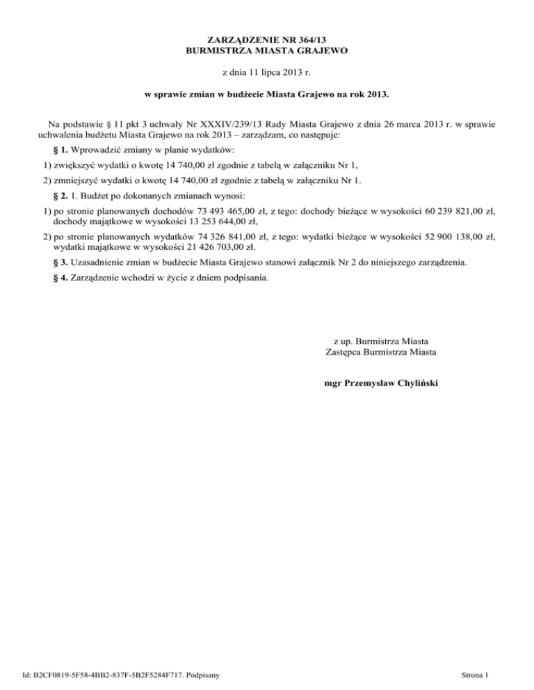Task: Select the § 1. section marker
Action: tap(59, 151)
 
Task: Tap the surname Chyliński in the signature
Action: tap(413, 382)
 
